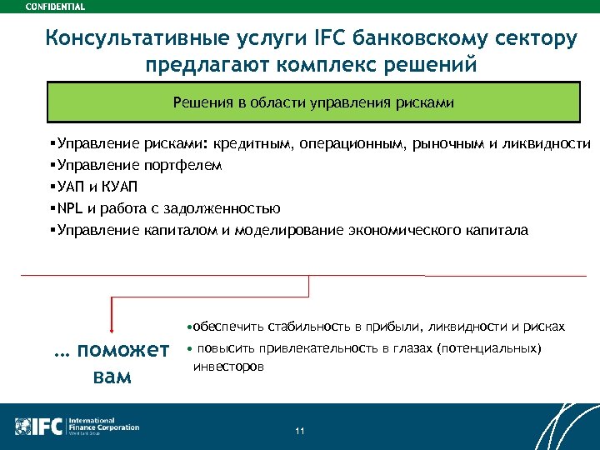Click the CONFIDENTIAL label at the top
[x=55, y=6]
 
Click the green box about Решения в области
[x=312, y=102]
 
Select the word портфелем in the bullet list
[x=183, y=166]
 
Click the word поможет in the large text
[x=122, y=350]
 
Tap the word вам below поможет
[x=108, y=376]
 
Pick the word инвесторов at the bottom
[x=228, y=366]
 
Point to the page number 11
[x=300, y=430]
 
